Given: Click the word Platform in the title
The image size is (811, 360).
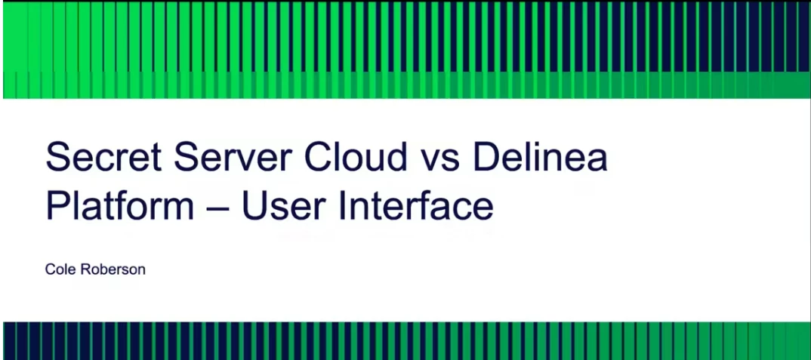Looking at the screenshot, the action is (120, 205).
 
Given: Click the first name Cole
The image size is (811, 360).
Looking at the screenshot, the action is (60, 269).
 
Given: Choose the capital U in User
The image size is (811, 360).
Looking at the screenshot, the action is (254, 206).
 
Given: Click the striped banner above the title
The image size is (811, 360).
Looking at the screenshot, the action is (406, 49).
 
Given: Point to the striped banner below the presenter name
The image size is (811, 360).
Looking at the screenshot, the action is (406, 341).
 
